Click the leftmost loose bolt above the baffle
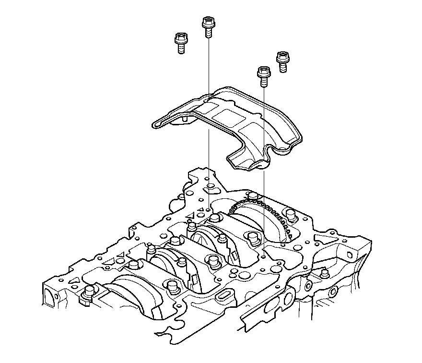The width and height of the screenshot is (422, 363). (x=180, y=43)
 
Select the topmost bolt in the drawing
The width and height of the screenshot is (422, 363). (x=208, y=26)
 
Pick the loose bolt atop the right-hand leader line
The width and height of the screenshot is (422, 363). (x=263, y=76)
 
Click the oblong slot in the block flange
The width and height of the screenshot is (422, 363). (x=223, y=294)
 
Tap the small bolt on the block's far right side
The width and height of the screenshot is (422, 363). (x=325, y=274)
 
